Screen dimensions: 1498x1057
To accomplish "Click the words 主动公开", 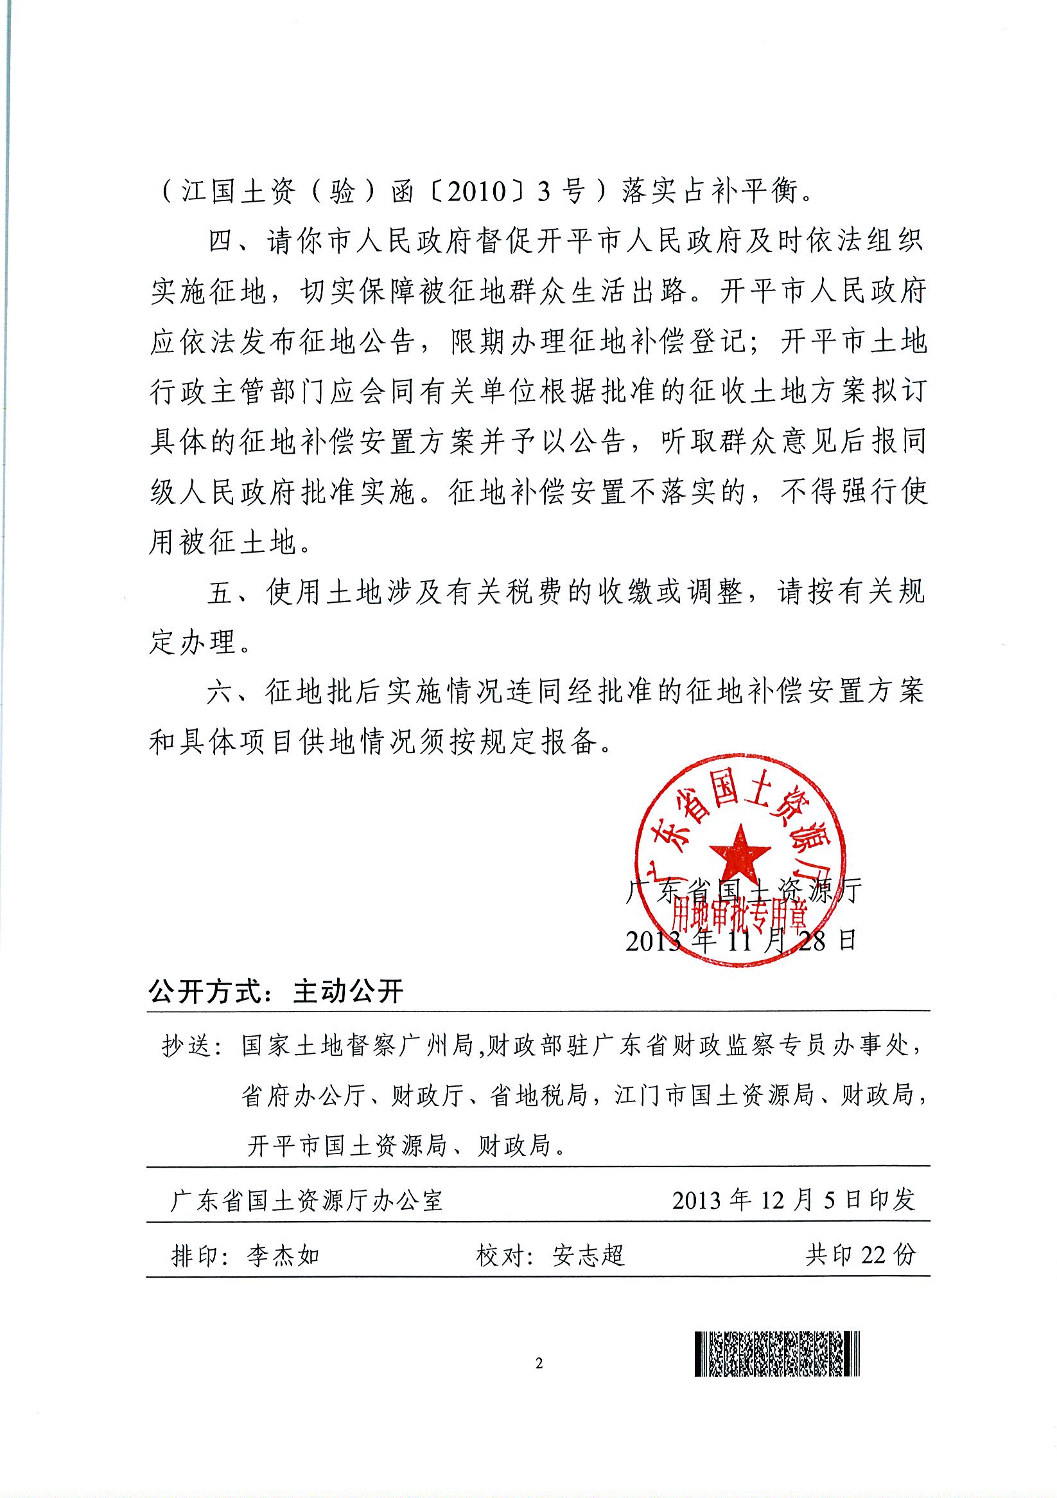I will pos(349,992).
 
